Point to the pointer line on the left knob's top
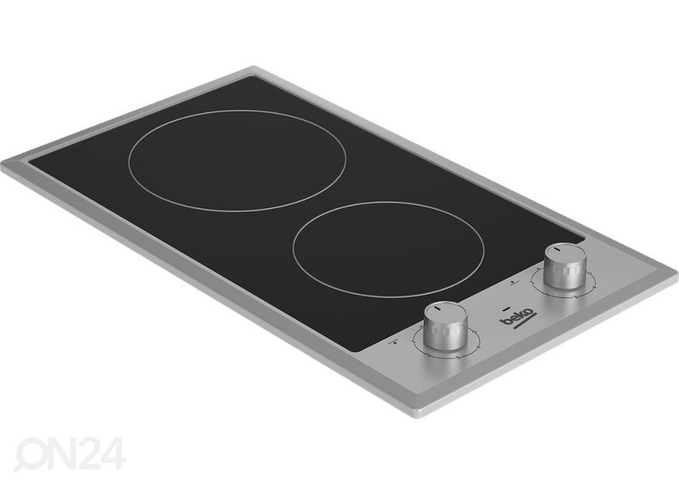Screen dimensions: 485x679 438,309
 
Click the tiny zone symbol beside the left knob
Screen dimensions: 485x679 397,342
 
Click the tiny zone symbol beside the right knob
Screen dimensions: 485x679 513,279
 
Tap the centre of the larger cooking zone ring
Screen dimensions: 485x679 237,160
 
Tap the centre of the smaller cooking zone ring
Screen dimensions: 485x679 388,248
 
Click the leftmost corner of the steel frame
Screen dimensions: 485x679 3,164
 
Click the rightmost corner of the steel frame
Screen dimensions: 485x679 676,278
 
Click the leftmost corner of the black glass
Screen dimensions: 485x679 27,162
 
